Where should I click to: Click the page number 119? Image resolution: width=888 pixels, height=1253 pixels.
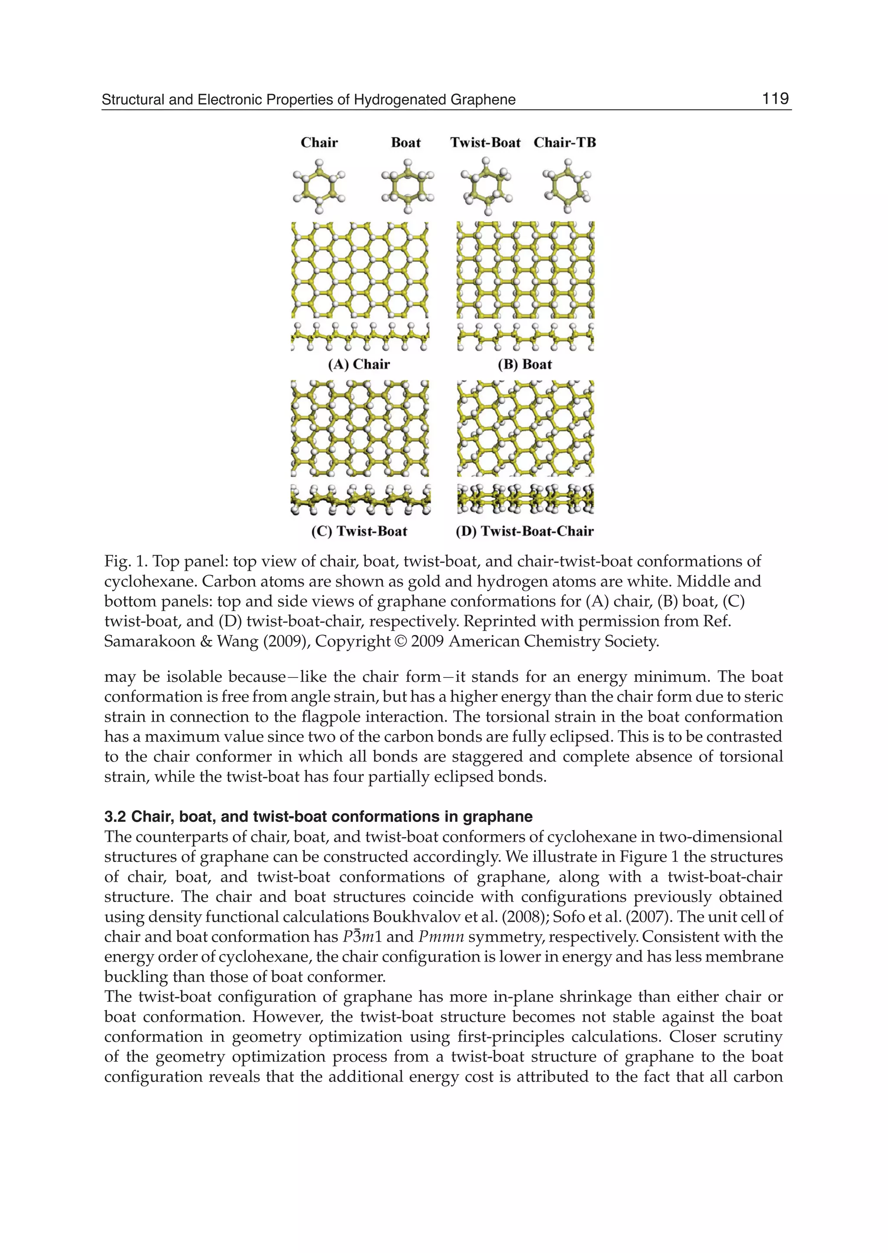(x=775, y=98)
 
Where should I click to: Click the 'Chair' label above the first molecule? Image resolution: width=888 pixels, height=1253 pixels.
(x=319, y=143)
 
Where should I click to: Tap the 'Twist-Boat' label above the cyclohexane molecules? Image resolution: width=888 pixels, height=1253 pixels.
(x=485, y=143)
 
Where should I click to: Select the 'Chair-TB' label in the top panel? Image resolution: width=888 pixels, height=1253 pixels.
(x=564, y=143)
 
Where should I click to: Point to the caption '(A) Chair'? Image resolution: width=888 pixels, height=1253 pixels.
(x=359, y=364)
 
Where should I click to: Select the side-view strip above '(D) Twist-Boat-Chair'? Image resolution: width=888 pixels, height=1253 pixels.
(x=525, y=498)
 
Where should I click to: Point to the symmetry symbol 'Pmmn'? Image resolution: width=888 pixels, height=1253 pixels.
(x=441, y=937)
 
